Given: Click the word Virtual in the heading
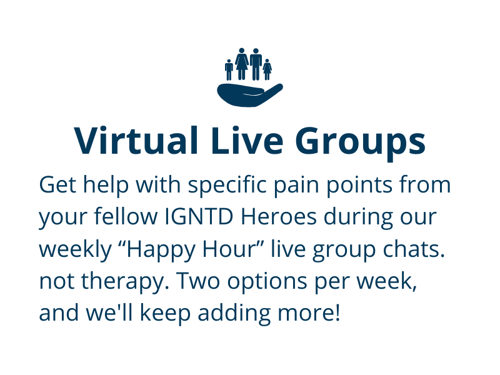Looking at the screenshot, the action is click(136, 141).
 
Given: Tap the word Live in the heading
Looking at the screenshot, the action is click(247, 141).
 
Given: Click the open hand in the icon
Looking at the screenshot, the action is click(249, 95).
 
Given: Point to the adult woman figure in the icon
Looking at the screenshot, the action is click(242, 64).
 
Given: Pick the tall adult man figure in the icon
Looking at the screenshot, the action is click(256, 64).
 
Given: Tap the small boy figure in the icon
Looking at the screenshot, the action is click(229, 70).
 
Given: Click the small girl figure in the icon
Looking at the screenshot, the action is click(267, 69).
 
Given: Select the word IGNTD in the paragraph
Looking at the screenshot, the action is click(199, 217).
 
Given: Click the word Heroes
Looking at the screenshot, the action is click(278, 217).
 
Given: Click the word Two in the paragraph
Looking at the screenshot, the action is click(198, 281).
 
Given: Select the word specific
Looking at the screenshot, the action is click(227, 186).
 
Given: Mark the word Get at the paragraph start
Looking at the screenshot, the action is click(57, 185).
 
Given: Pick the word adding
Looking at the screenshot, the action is click(234, 314).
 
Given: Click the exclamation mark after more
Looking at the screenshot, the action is click(337, 312).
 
